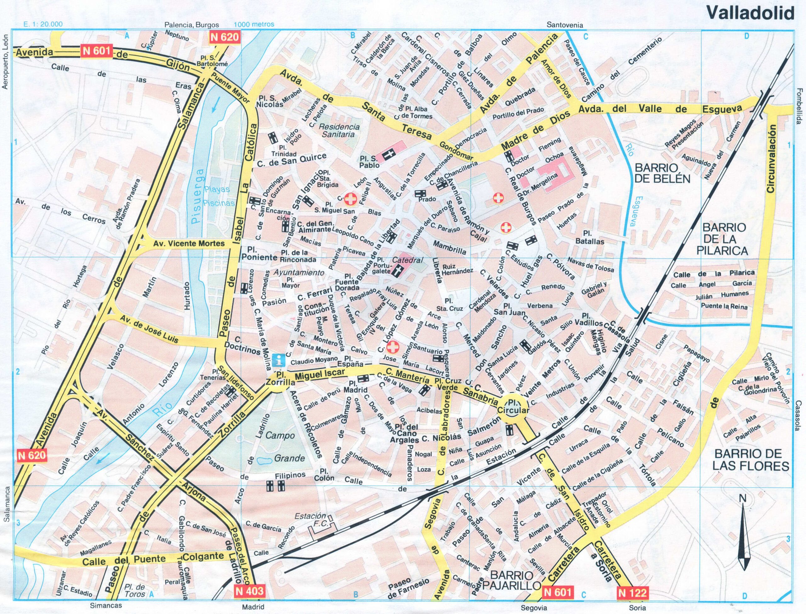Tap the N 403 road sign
click(249, 591)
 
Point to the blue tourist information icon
click(279, 360)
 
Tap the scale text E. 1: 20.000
click(42, 25)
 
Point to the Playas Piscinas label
click(218, 196)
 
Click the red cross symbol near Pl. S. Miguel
click(350, 199)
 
